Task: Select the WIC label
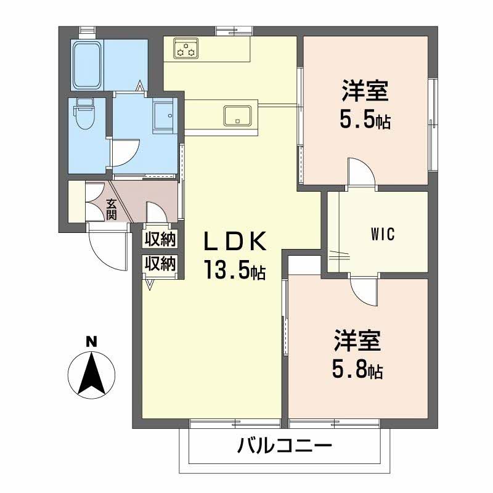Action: coord(382,234)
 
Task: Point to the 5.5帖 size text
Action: coord(365,120)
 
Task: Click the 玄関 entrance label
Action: coord(111,209)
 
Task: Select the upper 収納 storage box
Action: coord(160,238)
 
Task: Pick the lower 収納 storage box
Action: coord(160,264)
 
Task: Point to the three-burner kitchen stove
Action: coord(186,48)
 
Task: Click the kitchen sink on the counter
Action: coord(238,115)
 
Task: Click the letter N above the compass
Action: coord(91,340)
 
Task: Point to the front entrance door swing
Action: coord(105,246)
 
